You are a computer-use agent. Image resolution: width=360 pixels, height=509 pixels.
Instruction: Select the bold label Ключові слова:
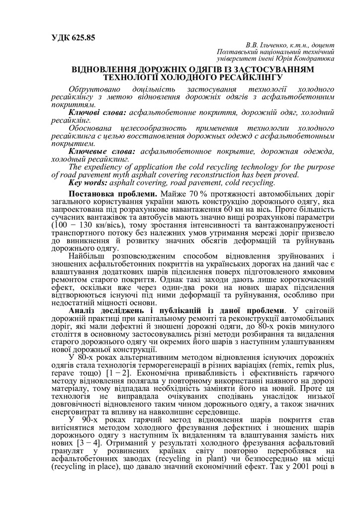point(91,114)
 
